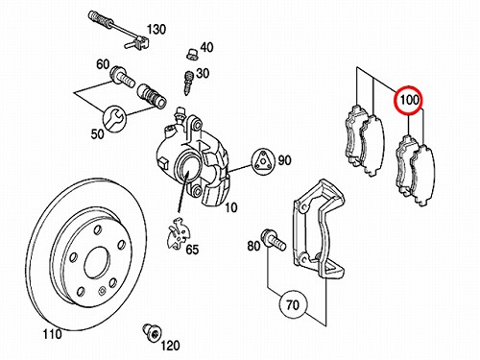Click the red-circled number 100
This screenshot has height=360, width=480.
click(409, 100)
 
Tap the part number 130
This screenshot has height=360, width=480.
click(156, 30)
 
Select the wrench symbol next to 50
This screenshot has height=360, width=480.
click(115, 119)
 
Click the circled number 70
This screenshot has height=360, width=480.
click(293, 304)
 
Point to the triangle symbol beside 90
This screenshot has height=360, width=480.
click(262, 161)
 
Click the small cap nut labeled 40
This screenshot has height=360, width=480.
click(191, 54)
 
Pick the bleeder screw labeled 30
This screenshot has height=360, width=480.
click(188, 83)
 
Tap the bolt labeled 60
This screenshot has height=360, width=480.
click(122, 78)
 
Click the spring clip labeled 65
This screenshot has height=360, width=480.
click(178, 232)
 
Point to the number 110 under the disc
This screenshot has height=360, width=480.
click(52, 335)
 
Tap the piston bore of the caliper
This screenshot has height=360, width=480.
click(189, 168)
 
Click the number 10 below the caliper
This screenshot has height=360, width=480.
click(230, 207)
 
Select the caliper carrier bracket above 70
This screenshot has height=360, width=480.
click(320, 231)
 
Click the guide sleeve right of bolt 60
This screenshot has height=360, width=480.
click(152, 95)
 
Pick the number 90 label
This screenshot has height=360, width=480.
click(284, 160)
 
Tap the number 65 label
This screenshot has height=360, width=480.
click(193, 249)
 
